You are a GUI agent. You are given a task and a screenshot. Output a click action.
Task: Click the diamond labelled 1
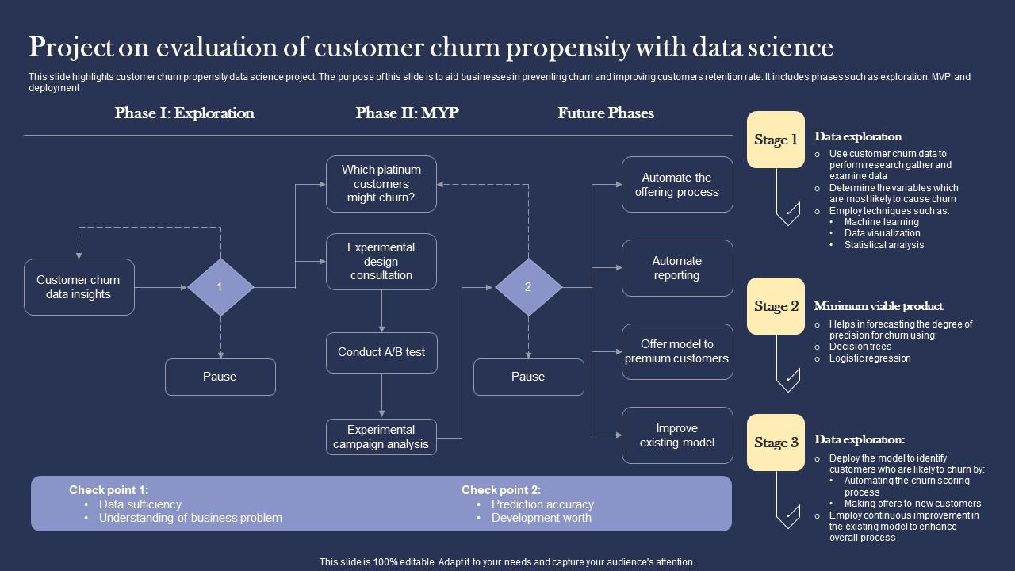tap(220, 287)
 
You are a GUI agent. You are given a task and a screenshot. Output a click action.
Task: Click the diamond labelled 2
tap(528, 287)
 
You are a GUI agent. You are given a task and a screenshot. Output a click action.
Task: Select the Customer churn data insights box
tap(79, 287)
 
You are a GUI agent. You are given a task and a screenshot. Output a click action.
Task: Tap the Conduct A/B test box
tap(381, 352)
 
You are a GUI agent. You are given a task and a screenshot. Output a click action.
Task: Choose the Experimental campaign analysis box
tap(381, 437)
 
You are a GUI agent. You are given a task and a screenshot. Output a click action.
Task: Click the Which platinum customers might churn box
tap(381, 184)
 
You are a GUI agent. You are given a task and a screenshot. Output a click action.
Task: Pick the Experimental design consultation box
tap(381, 262)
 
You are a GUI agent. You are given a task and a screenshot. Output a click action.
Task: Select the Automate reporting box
tap(677, 268)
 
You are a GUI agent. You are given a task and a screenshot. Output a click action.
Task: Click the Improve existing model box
tap(677, 435)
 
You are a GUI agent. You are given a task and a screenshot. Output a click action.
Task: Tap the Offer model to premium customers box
tap(677, 351)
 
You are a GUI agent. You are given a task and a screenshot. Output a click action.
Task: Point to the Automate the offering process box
tap(677, 185)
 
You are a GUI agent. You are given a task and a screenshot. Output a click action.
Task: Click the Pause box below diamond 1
tap(220, 377)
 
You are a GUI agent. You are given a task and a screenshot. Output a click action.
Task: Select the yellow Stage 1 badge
tap(776, 140)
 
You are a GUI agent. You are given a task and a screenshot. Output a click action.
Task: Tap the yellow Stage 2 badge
tap(776, 306)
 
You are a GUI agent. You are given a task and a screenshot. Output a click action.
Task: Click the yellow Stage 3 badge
tap(776, 443)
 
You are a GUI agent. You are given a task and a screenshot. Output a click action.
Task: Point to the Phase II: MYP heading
tap(407, 113)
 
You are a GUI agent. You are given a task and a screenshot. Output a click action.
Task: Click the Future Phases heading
tap(606, 113)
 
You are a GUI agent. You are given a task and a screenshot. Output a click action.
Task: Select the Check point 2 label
tap(501, 490)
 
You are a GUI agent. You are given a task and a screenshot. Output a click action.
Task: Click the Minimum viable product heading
tap(879, 306)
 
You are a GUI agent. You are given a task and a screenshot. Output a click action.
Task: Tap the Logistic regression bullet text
tap(870, 358)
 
